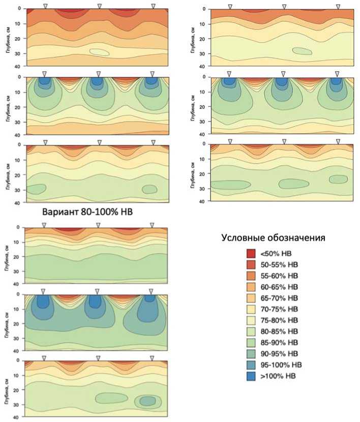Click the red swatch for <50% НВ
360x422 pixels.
coord(251,253)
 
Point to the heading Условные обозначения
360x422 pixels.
coord(273,237)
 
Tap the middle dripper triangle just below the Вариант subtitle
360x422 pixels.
coord(98,225)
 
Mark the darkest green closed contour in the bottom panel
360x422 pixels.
coord(147,401)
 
